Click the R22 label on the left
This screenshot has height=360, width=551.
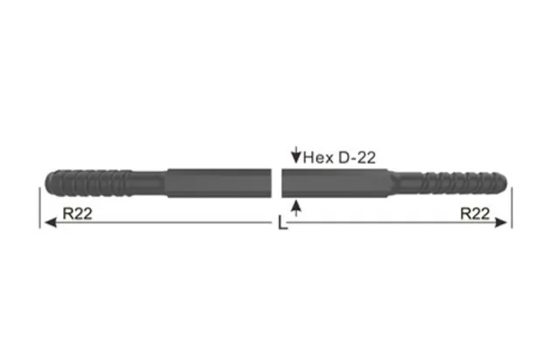77,213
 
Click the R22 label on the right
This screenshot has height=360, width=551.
477,213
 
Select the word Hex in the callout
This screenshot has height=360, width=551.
317,158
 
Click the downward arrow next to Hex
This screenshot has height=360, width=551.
296,158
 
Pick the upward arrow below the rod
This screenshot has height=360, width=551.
298,207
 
